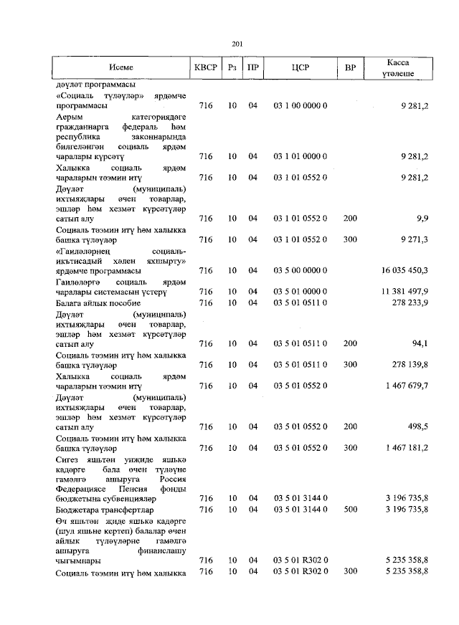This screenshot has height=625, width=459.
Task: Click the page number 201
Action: pos(237,44)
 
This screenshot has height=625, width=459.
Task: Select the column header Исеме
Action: pos(120,68)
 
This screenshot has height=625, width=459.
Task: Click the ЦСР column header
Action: pos(301,68)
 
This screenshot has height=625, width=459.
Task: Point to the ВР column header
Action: pos(350,68)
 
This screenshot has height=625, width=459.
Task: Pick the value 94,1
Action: pos(420,344)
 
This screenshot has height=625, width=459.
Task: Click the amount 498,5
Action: pos(417,426)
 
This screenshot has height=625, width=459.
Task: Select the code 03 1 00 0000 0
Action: pos(301,105)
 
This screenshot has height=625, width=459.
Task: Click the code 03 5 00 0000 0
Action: pos(301,270)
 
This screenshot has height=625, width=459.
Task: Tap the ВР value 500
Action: pos(350,509)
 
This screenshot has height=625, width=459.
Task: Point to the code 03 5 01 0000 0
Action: pos(301,292)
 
